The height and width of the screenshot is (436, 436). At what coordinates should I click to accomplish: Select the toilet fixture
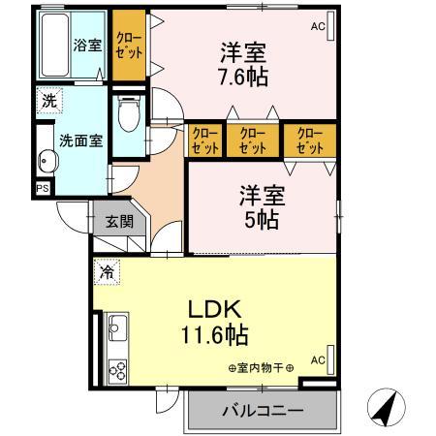127,118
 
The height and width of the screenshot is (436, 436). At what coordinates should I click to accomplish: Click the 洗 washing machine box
48,99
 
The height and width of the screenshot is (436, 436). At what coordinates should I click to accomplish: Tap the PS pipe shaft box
43,188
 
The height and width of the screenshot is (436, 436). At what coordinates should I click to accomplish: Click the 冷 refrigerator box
106,272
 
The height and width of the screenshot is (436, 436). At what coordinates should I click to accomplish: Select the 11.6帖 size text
212,336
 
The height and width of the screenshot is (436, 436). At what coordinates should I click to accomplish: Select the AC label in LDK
317,359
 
